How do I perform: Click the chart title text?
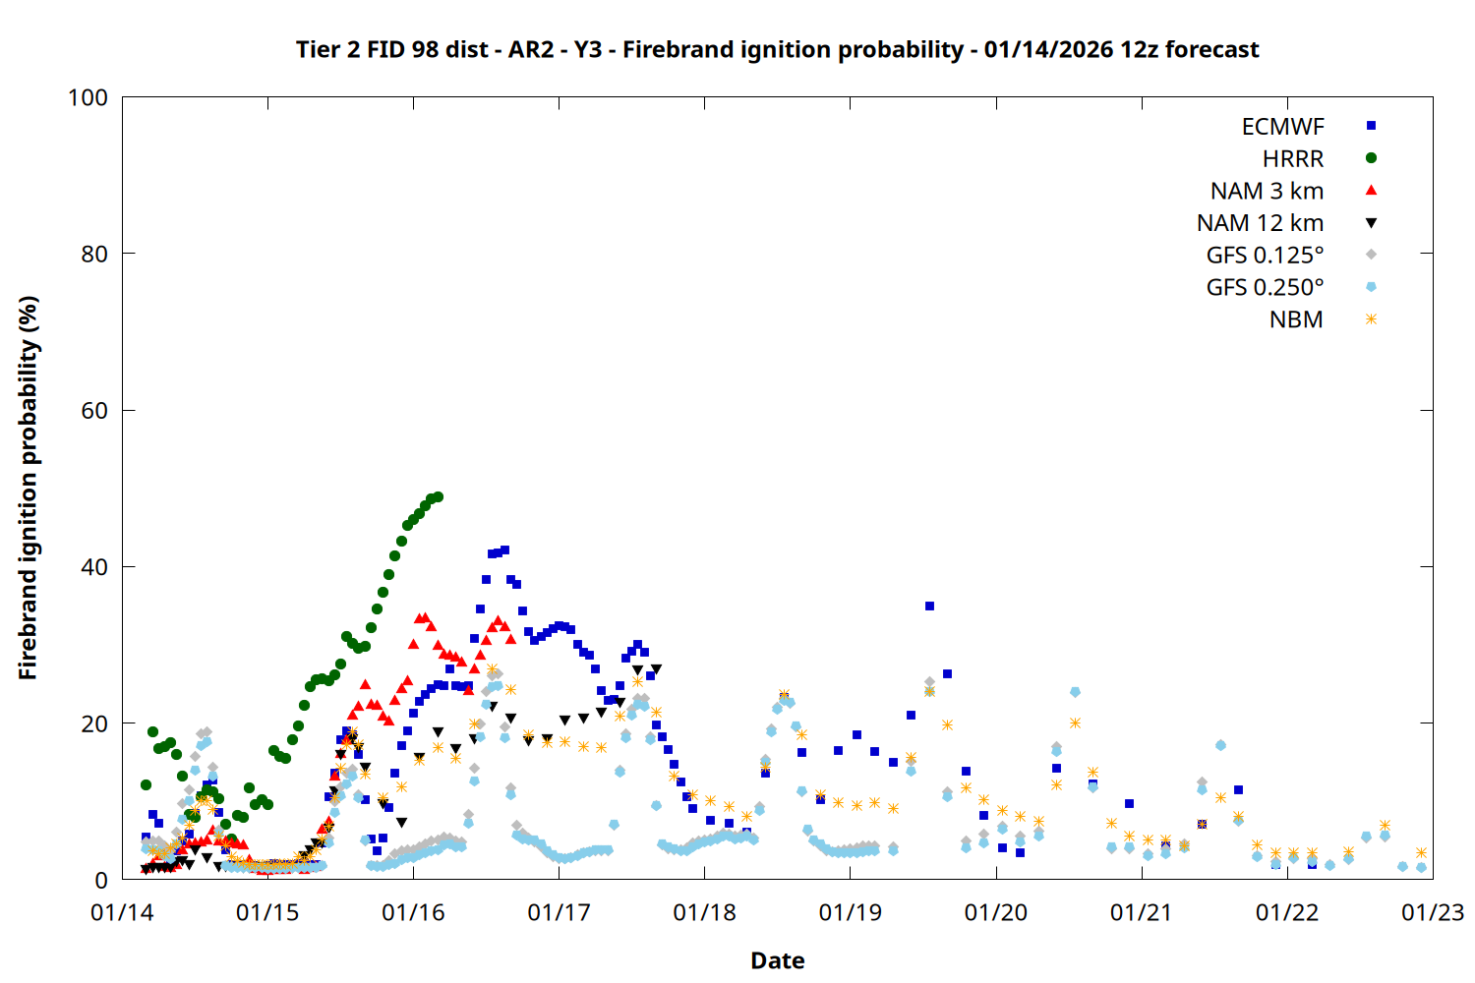tap(777, 49)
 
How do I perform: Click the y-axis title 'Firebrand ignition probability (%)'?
tap(29, 488)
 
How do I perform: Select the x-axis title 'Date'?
tap(777, 960)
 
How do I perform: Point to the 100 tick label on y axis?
tap(88, 97)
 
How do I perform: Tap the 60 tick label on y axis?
tap(94, 411)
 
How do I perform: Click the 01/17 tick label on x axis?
tap(559, 913)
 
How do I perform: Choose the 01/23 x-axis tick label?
tap(1432, 913)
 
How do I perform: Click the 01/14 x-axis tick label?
tap(122, 913)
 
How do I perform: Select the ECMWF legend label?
tap(1282, 127)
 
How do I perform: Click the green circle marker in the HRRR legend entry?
tap(1371, 158)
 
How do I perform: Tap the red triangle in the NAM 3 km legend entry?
tap(1371, 191)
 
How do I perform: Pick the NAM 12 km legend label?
tap(1260, 223)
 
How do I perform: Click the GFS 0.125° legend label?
tap(1265, 256)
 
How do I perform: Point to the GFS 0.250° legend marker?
tap(1371, 287)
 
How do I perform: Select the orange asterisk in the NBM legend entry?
tap(1371, 319)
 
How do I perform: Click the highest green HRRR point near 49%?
tap(438, 496)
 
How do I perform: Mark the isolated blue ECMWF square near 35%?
tap(929, 606)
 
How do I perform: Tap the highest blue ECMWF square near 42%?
tap(504, 550)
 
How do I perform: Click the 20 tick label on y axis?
tap(94, 723)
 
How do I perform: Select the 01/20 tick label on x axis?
tap(995, 913)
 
